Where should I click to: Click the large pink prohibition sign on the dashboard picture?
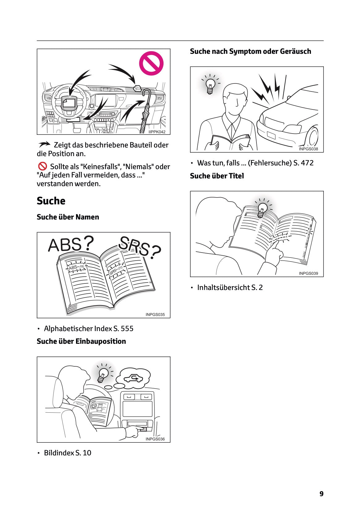151,63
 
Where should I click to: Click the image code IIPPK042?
157,132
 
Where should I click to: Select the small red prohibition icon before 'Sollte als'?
42,166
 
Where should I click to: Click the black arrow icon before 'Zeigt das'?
44,144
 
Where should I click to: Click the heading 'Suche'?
51,201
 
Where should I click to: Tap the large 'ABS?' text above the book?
70,244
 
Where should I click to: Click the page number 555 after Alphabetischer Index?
127,329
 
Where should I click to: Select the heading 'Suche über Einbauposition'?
81,341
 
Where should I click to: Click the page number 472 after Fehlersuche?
307,163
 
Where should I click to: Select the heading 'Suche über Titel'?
217,176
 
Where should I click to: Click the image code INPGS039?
308,273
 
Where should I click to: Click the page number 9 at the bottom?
321,494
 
